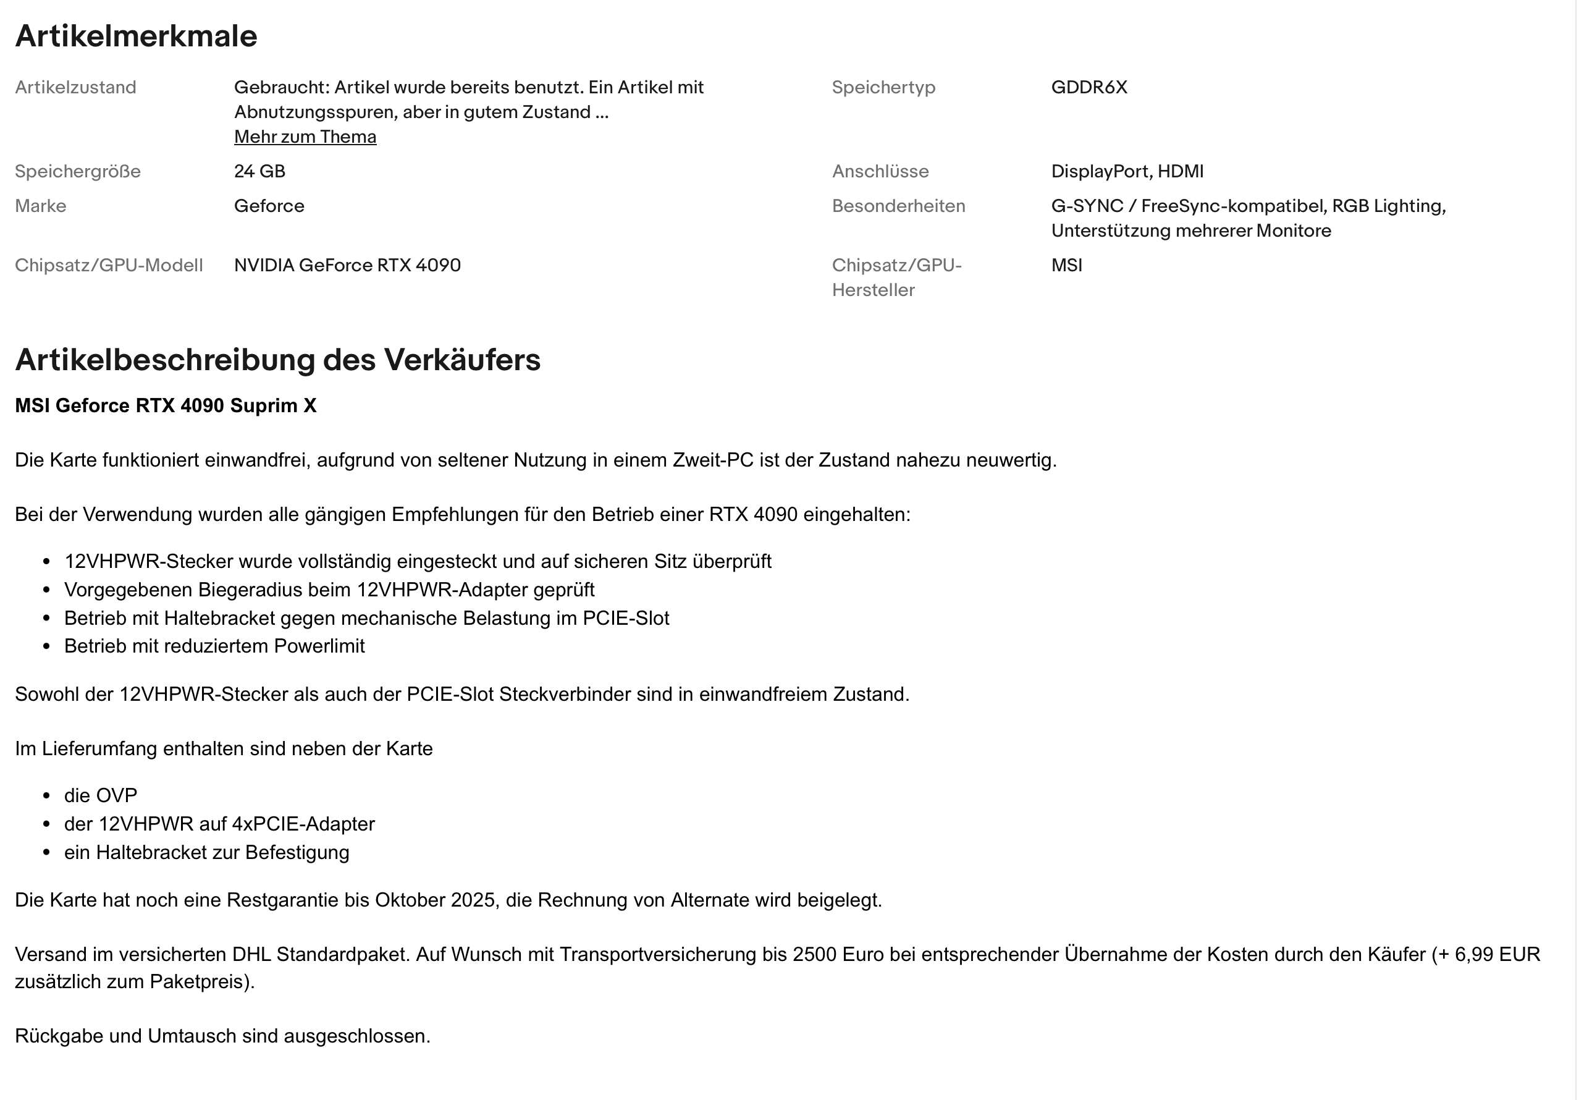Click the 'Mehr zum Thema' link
coord(305,137)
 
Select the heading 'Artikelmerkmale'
coord(136,36)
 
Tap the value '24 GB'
coord(259,171)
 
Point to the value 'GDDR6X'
coord(1088,87)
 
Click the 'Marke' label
coord(41,206)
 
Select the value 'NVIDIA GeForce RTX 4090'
coord(347,266)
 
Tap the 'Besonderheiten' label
coord(898,206)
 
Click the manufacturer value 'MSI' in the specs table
coord(1066,266)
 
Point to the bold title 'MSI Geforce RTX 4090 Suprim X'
coord(166,406)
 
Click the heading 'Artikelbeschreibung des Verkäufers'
coord(277,360)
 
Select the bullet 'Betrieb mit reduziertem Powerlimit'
coord(214,646)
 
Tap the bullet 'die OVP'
coord(101,796)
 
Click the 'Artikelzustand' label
coord(75,87)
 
